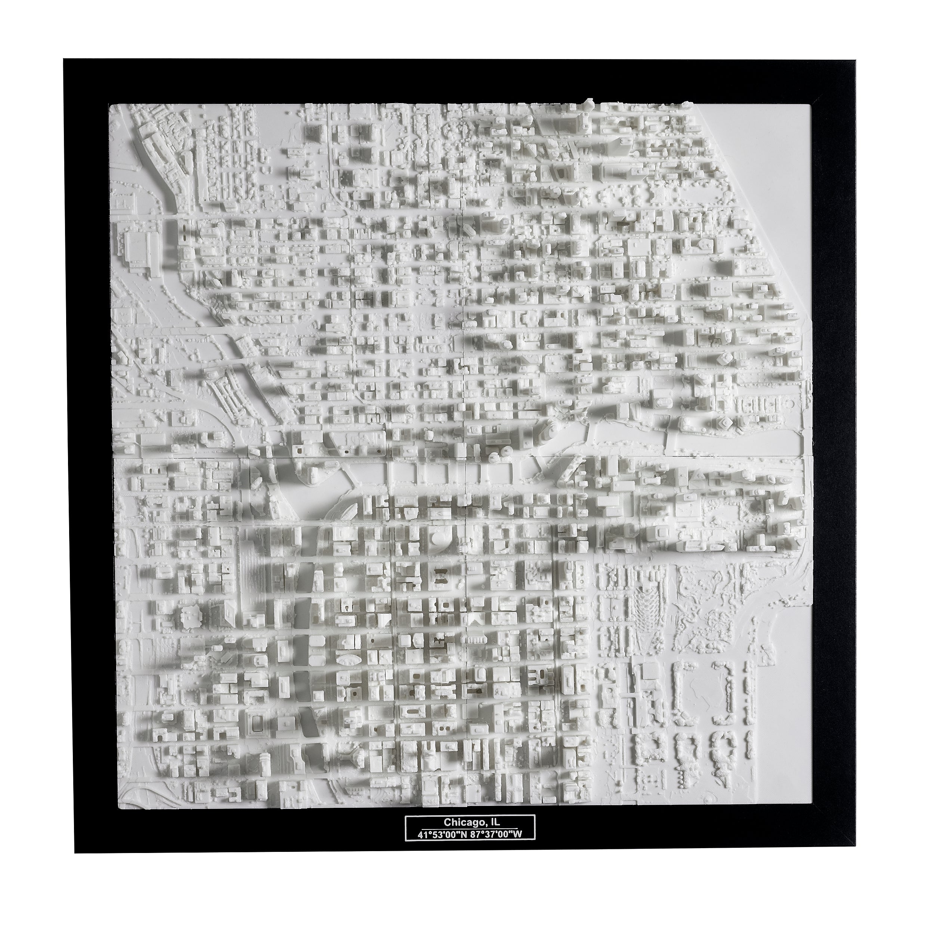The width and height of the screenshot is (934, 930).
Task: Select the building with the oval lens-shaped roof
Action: (x=347, y=660)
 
